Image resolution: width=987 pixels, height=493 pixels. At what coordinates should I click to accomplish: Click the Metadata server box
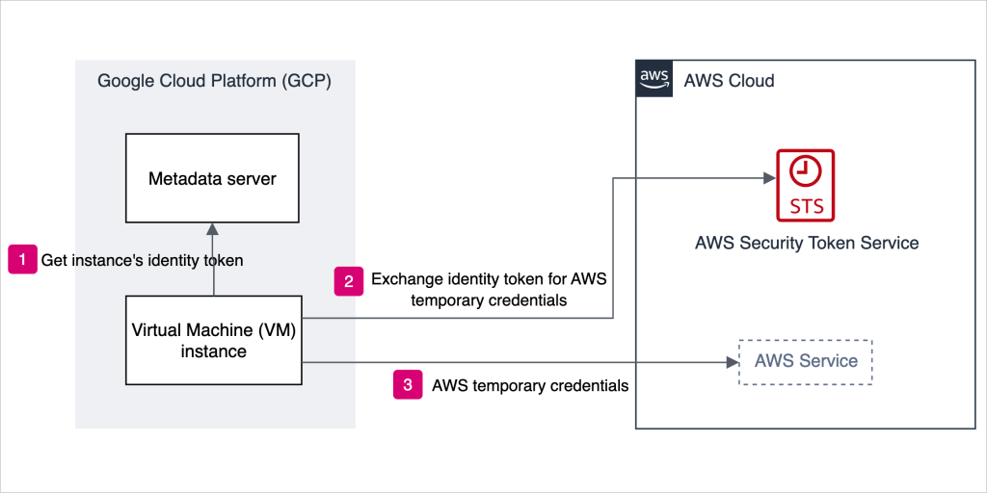pyautogui.click(x=212, y=179)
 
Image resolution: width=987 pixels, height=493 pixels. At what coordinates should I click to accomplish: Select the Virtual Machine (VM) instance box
pyautogui.click(x=213, y=340)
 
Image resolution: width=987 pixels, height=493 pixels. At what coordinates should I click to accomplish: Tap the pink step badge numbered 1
pyautogui.click(x=22, y=260)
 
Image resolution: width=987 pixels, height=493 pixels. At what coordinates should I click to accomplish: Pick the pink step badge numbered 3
pyautogui.click(x=408, y=385)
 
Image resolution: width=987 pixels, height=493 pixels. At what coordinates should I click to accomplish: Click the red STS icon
pyautogui.click(x=806, y=185)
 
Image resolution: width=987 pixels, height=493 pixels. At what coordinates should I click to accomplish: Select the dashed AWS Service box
pyautogui.click(x=805, y=362)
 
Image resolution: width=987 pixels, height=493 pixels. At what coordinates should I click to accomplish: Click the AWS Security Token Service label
pyautogui.click(x=806, y=243)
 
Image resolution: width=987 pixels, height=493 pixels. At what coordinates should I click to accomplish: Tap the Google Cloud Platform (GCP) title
pyautogui.click(x=214, y=81)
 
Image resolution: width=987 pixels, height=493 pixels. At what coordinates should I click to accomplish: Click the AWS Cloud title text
pyautogui.click(x=729, y=81)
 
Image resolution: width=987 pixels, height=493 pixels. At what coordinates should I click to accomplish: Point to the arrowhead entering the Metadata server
pyautogui.click(x=213, y=230)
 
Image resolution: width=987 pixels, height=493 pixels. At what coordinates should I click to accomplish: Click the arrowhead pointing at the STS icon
pyautogui.click(x=768, y=178)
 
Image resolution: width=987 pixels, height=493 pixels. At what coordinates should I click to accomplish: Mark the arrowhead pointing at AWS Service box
pyautogui.click(x=730, y=363)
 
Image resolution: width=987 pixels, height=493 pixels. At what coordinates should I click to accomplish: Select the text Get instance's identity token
pyautogui.click(x=142, y=260)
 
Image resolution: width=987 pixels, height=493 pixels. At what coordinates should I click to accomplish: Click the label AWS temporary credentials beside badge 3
pyautogui.click(x=530, y=386)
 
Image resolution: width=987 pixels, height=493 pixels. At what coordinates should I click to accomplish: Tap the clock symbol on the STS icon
pyautogui.click(x=806, y=171)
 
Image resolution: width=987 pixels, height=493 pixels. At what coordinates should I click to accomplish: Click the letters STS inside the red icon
pyautogui.click(x=806, y=207)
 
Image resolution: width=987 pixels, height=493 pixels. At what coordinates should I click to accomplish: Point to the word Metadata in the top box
pyautogui.click(x=184, y=179)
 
